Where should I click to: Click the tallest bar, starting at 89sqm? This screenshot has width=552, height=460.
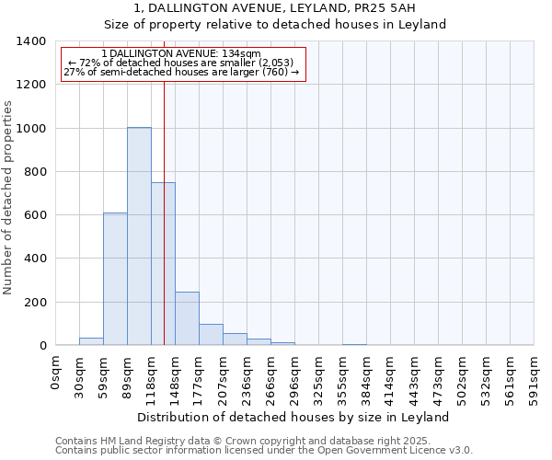139,236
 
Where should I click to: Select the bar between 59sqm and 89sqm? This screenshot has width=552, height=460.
115,279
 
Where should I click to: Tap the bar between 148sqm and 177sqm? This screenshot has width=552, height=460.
187,318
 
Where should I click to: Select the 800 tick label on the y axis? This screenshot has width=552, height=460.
33,172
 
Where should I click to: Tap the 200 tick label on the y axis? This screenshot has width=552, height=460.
33,303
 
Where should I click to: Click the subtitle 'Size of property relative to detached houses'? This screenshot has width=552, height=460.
275,25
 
